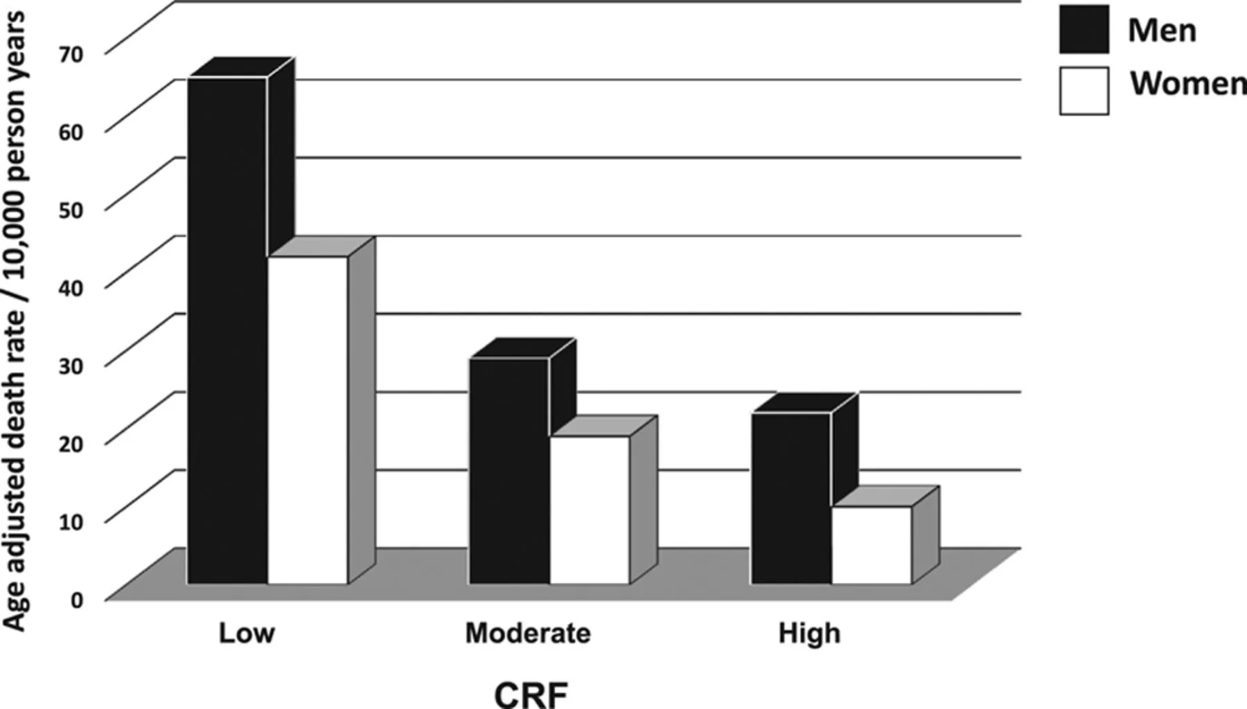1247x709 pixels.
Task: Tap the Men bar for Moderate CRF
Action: pyautogui.click(x=509, y=471)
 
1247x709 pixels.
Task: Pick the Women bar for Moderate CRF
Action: pyautogui.click(x=590, y=510)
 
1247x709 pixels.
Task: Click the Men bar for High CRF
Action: pyautogui.click(x=791, y=499)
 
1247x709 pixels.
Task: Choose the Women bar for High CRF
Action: pyautogui.click(x=872, y=546)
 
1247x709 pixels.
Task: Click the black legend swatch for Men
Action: pyautogui.click(x=1084, y=29)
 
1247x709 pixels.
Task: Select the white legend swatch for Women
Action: pyautogui.click(x=1084, y=90)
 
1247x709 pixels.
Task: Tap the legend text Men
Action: pyautogui.click(x=1162, y=30)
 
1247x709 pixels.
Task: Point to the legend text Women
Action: pyautogui.click(x=1187, y=84)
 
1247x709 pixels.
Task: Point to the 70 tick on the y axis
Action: pyautogui.click(x=71, y=54)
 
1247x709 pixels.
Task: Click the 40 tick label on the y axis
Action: pyautogui.click(x=71, y=287)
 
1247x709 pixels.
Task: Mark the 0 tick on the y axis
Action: pyautogui.click(x=76, y=600)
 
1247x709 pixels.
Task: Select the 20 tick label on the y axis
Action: pyautogui.click(x=71, y=444)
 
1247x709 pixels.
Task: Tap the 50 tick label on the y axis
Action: pyautogui.click(x=71, y=210)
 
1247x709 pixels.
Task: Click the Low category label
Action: pyautogui.click(x=247, y=633)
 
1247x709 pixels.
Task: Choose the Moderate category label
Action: pyautogui.click(x=528, y=633)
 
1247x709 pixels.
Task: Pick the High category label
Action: pyautogui.click(x=809, y=633)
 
